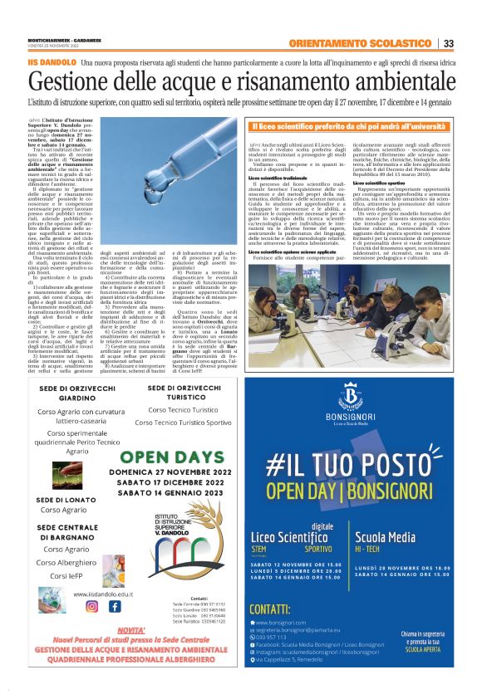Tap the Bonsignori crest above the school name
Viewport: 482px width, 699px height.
click(x=362, y=416)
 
